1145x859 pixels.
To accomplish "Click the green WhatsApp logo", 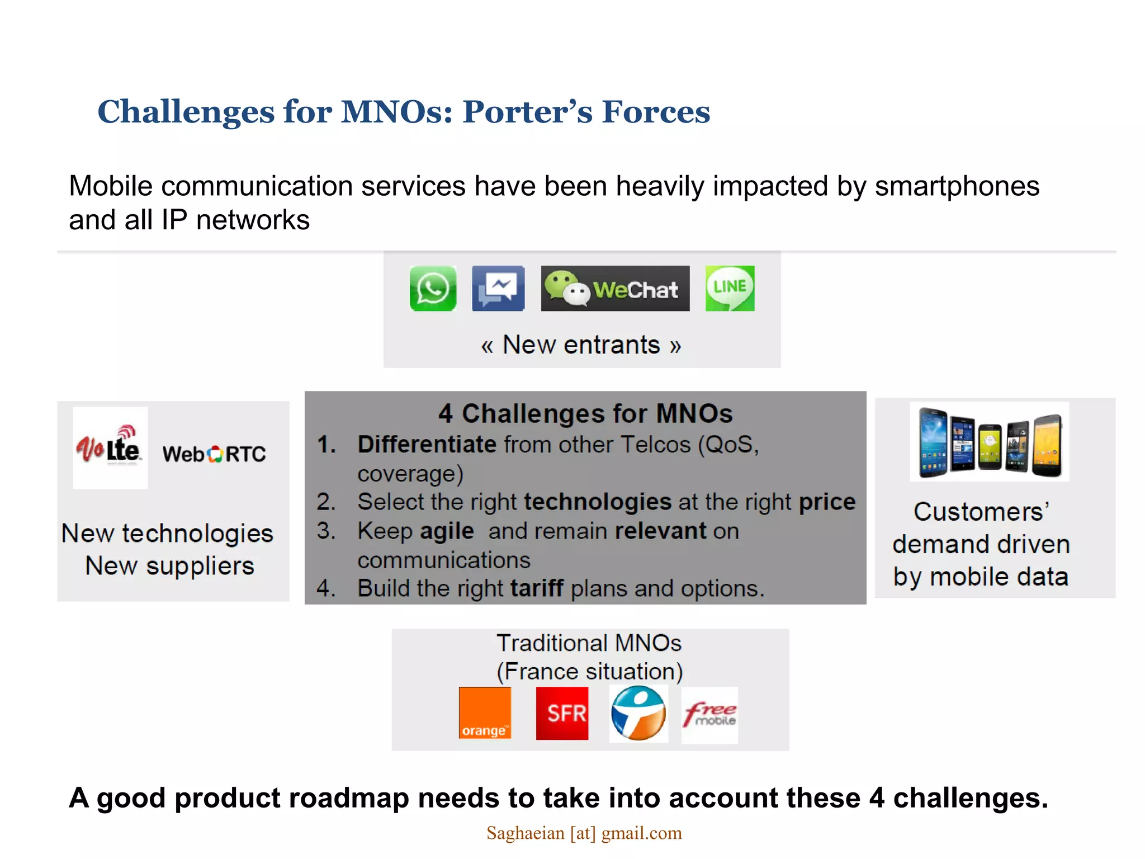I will click(x=433, y=289).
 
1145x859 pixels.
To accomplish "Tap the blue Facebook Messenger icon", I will click(x=498, y=289).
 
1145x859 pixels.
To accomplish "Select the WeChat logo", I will click(x=615, y=289).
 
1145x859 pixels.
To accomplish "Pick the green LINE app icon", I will click(x=730, y=289).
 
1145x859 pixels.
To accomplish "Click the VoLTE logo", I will click(x=110, y=447).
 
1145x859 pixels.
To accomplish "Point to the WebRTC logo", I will click(x=214, y=454).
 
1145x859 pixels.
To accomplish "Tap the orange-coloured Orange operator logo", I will click(x=485, y=713).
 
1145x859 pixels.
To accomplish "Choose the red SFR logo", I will click(x=562, y=713).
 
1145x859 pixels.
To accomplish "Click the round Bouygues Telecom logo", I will click(x=638, y=713).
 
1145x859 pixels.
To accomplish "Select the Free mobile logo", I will click(x=709, y=715).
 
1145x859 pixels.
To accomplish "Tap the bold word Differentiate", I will click(x=427, y=445).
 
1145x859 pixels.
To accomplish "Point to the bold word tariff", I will click(x=537, y=588).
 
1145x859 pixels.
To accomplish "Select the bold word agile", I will click(x=447, y=531).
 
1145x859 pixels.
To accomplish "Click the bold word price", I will click(x=827, y=502).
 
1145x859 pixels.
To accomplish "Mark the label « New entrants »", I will click(x=581, y=345).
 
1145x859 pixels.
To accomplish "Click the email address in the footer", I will click(x=584, y=833).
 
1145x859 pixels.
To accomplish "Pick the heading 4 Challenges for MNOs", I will click(x=585, y=414).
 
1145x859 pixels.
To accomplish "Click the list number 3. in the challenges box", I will click(x=327, y=531).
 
